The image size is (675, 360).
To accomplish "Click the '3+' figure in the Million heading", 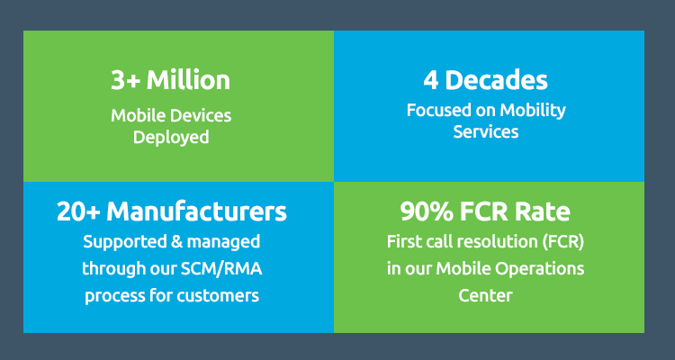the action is (125, 80).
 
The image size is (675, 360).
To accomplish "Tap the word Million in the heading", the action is (189, 80).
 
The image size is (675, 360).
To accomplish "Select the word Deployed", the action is (171, 139).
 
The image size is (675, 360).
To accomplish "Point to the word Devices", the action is (202, 115).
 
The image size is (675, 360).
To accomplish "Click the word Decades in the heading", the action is (496, 80).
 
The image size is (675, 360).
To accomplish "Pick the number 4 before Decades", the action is (431, 81).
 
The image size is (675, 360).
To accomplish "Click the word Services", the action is (486, 131).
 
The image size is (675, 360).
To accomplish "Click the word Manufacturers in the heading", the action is (197, 211).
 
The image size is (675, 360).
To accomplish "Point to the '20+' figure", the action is (79, 212).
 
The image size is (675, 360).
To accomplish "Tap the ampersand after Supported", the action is (177, 242).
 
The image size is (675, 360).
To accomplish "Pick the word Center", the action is (486, 296).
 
